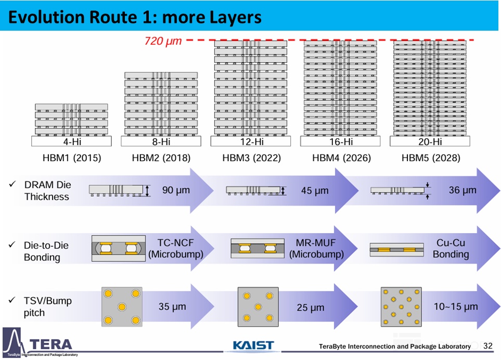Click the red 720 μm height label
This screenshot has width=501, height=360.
point(163,41)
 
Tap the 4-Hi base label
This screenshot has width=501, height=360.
point(72,142)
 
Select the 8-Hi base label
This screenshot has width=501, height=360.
point(161,142)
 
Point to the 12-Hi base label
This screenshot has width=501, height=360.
point(252,142)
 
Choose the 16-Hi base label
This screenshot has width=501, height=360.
point(341,142)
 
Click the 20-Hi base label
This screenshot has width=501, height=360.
point(430,142)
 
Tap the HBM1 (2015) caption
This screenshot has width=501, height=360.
point(72,158)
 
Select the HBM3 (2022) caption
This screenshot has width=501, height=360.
point(251,158)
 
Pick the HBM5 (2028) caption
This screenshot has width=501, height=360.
point(431,158)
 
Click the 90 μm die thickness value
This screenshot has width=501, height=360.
point(176,190)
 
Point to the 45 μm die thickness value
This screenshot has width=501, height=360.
point(315,191)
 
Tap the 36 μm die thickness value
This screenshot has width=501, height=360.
point(463,190)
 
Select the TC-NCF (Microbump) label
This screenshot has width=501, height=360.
point(176,249)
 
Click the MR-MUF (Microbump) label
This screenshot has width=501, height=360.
point(316,249)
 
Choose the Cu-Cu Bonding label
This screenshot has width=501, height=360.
point(451,249)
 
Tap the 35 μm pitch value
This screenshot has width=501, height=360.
point(172,306)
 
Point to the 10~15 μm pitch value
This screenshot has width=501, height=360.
point(456,306)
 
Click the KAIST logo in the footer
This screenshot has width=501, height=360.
point(253,345)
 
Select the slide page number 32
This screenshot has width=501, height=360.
point(488,346)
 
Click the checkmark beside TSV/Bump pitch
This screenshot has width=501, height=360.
point(12,300)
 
